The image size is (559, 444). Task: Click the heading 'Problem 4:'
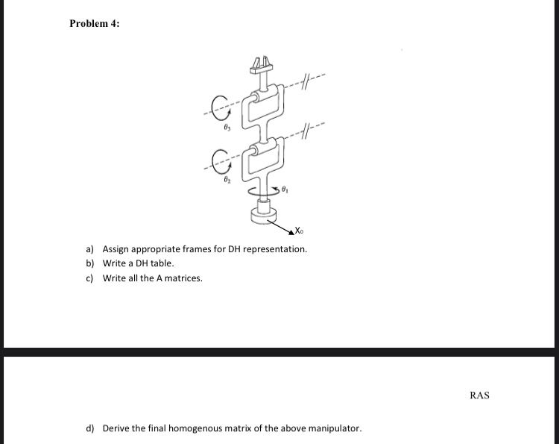94,23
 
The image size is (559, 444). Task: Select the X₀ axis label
298,230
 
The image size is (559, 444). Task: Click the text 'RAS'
479,395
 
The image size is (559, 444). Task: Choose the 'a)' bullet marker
89,249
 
